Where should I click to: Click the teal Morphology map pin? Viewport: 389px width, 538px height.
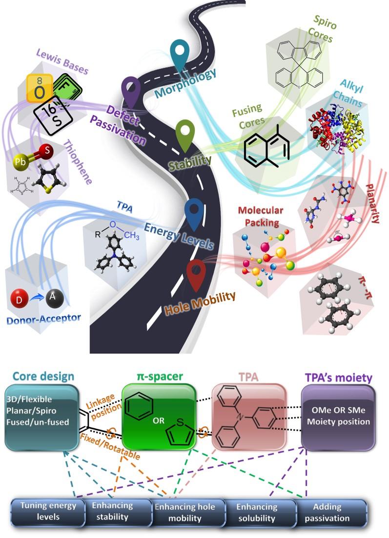click(x=181, y=54)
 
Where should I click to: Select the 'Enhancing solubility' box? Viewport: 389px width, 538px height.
click(x=258, y=512)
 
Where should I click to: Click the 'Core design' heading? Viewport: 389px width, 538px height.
click(x=43, y=376)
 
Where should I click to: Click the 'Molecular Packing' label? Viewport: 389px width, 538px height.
click(x=260, y=216)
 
